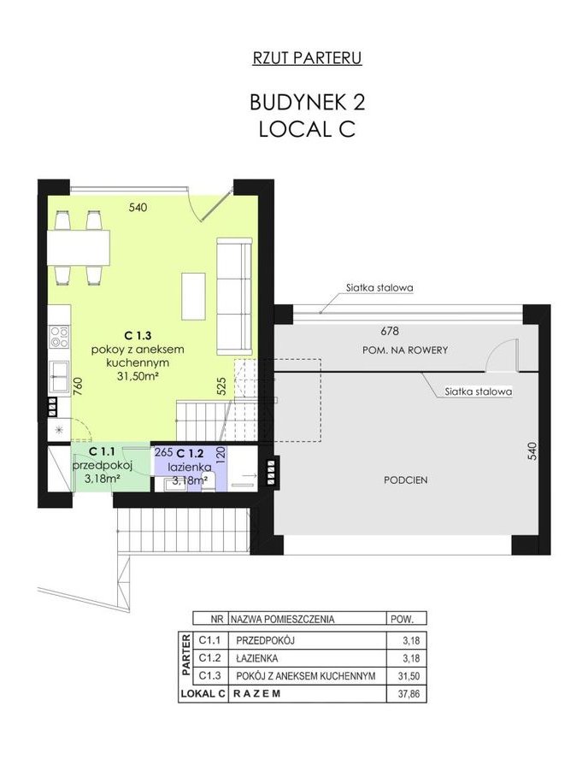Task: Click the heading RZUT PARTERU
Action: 308,58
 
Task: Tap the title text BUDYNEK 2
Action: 308,103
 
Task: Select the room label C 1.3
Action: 138,336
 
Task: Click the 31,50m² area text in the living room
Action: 138,376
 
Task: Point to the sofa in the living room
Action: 235,296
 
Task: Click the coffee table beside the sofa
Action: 193,297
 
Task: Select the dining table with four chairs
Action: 79,247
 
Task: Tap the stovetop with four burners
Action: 60,337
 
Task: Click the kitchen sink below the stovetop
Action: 60,376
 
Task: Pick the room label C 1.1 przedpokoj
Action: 103,458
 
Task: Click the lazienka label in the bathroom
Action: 190,467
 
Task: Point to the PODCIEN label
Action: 406,480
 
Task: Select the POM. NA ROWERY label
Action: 405,350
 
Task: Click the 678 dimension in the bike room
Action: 390,331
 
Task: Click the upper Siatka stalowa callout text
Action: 379,287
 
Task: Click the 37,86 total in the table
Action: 409,694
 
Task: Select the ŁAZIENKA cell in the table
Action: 257,658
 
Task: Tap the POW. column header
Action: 403,619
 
